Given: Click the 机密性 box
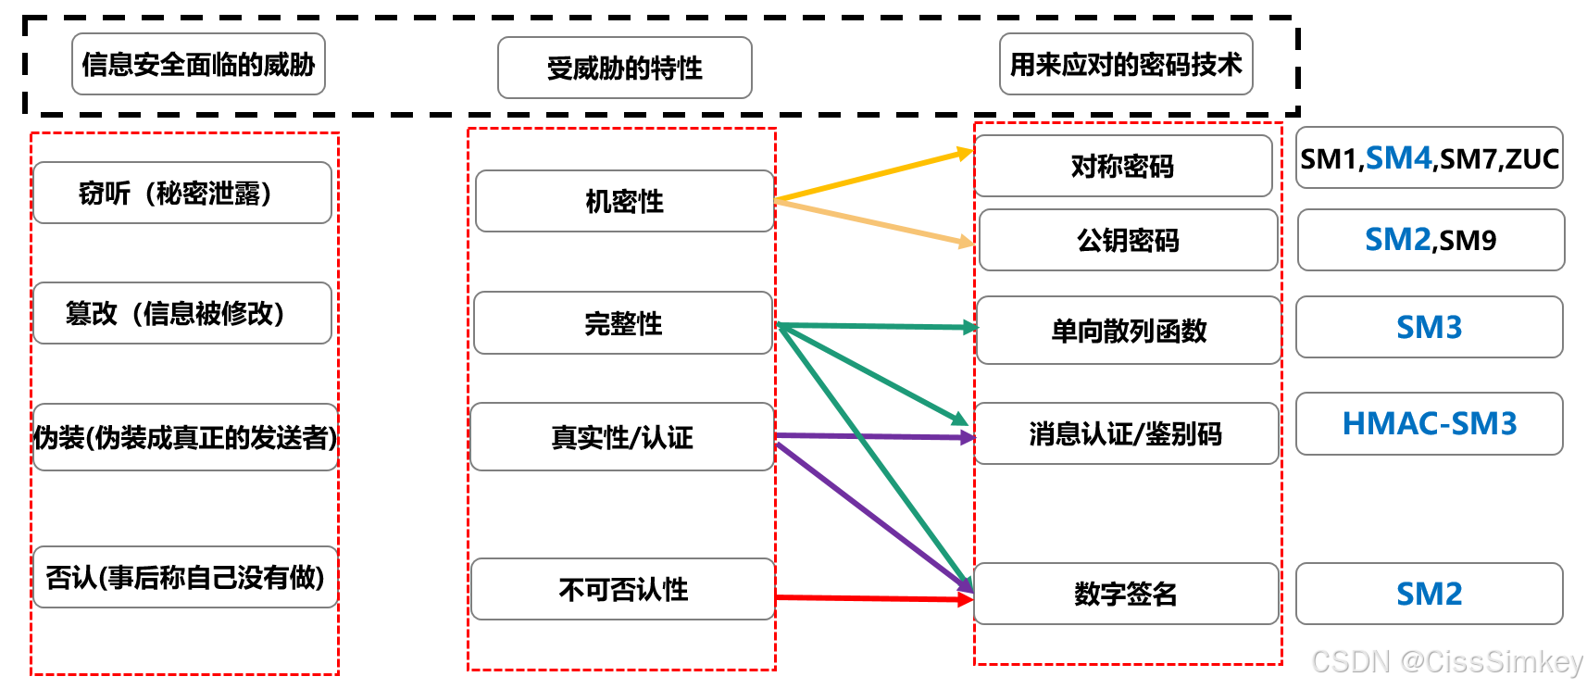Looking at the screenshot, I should (624, 201).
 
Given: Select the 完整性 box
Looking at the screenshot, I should (623, 323).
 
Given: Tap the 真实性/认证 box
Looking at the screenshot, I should (622, 437).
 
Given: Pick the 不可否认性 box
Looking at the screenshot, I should (623, 589).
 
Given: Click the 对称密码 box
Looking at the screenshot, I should (1123, 166).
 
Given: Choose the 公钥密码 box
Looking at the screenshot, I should (1128, 240).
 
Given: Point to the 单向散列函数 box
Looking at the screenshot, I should (1129, 331).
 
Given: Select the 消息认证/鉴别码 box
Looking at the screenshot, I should (1126, 433).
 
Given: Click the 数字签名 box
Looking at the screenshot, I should (1126, 594).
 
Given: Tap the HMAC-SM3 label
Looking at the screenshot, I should (1430, 423).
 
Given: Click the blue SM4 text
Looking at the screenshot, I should (1398, 158).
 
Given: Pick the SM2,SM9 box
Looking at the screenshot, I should (1431, 240).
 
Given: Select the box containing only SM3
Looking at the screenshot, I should (1430, 327).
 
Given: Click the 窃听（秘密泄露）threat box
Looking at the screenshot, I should (182, 193).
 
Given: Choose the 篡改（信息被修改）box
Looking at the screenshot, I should (182, 313).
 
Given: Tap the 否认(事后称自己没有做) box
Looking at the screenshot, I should (185, 577).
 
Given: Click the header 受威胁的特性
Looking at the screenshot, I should (625, 68).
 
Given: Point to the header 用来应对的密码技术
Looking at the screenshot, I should (1126, 64).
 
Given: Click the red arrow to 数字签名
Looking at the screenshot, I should (870, 598).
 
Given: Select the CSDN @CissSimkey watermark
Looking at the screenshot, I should (1447, 661).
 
